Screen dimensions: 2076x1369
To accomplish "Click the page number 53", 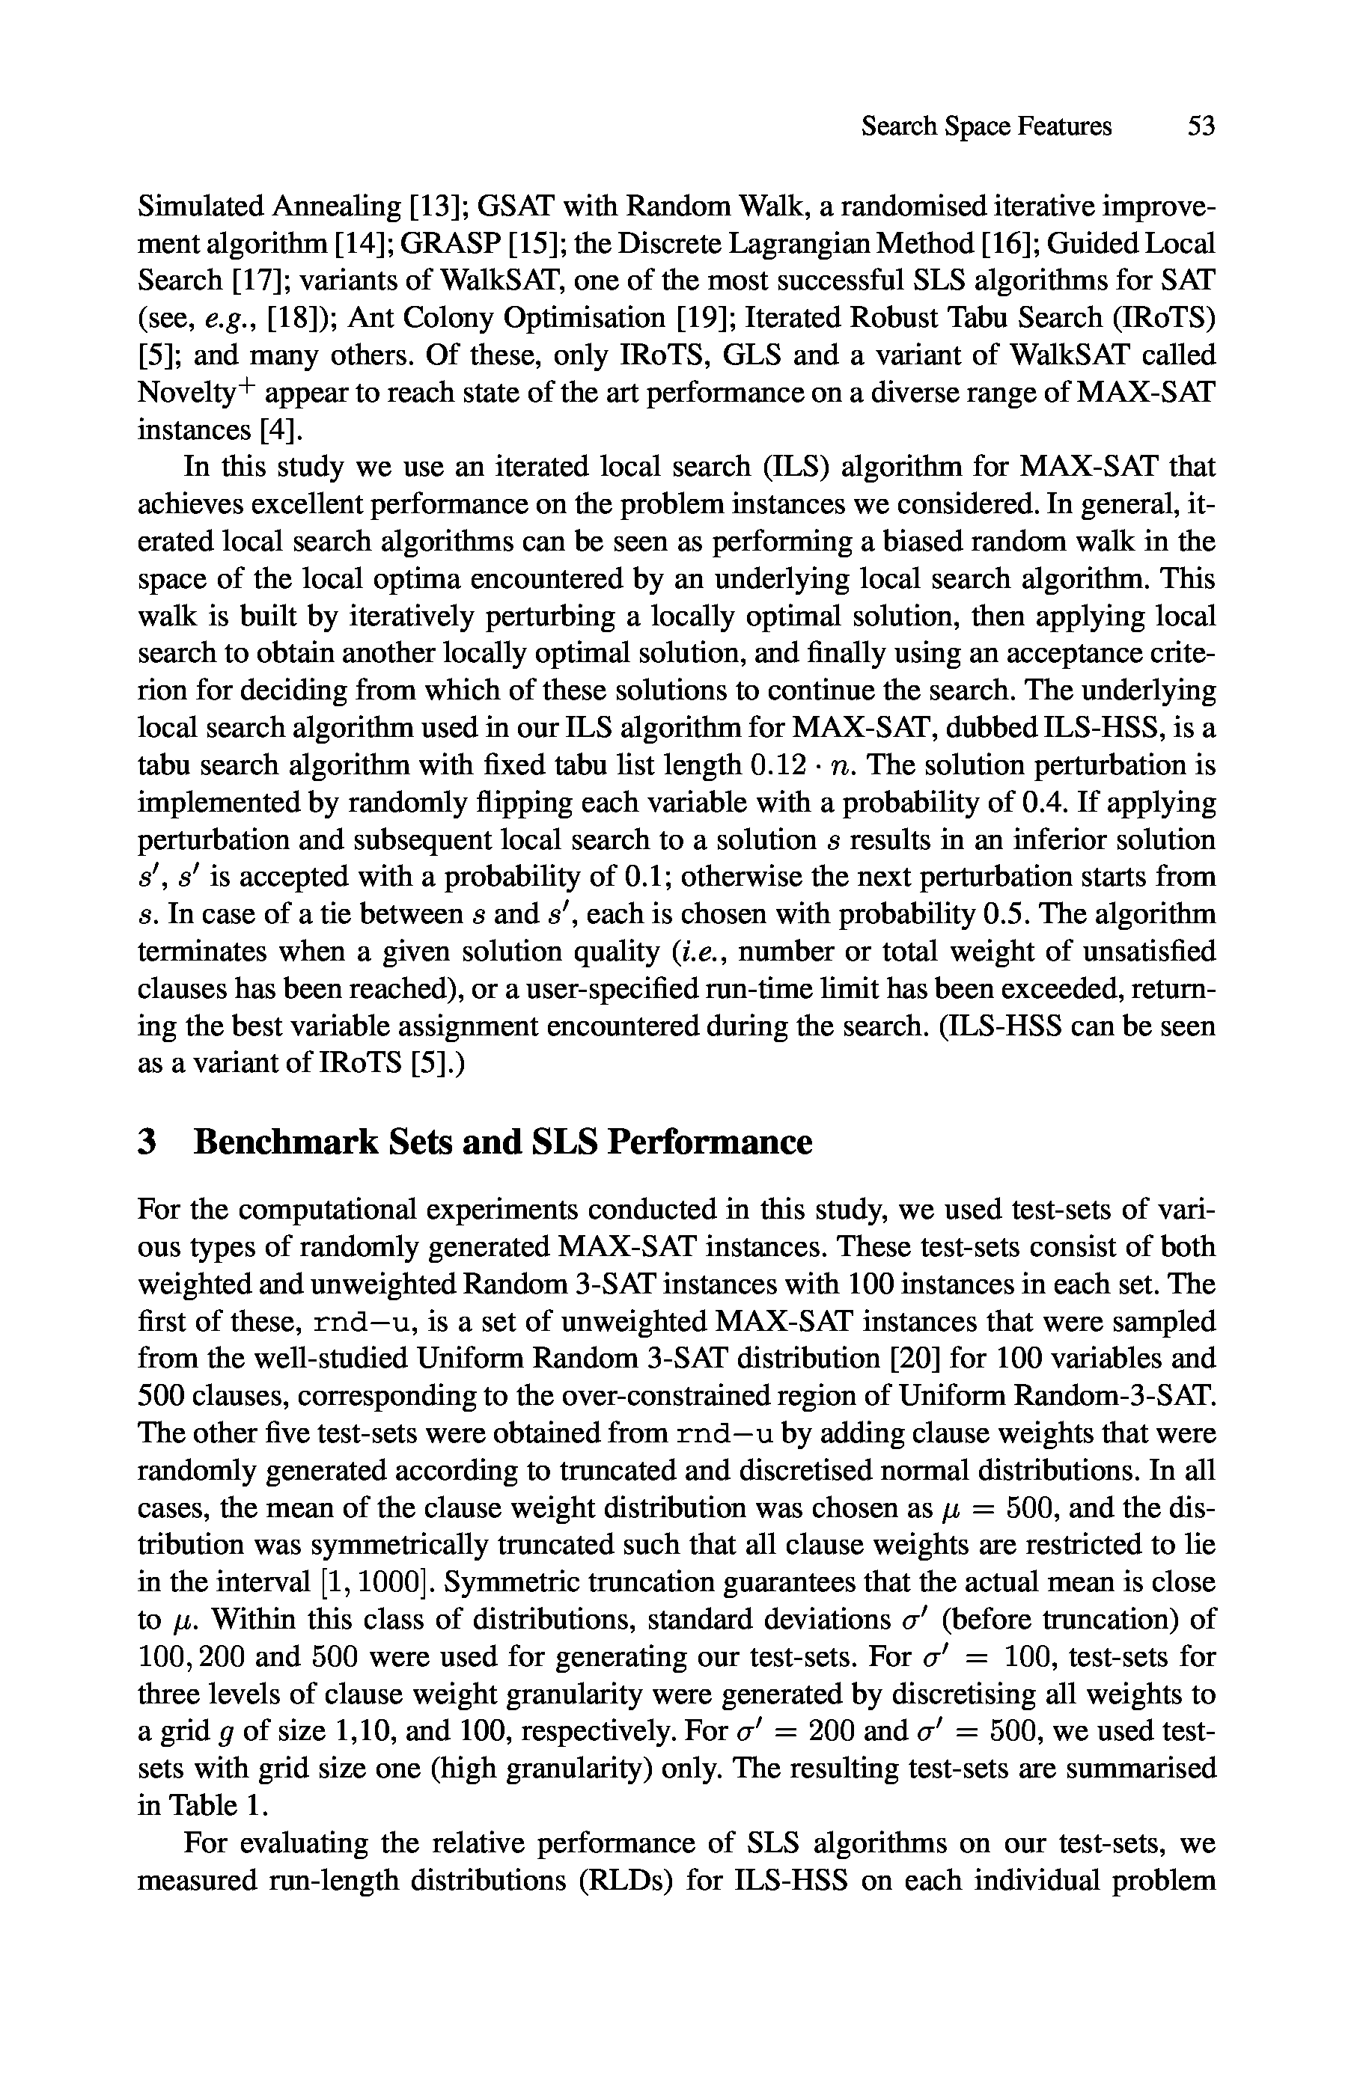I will [1201, 126].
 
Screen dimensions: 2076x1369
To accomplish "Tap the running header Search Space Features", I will [987, 126].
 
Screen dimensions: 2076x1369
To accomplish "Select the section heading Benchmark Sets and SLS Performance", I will [502, 1142].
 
